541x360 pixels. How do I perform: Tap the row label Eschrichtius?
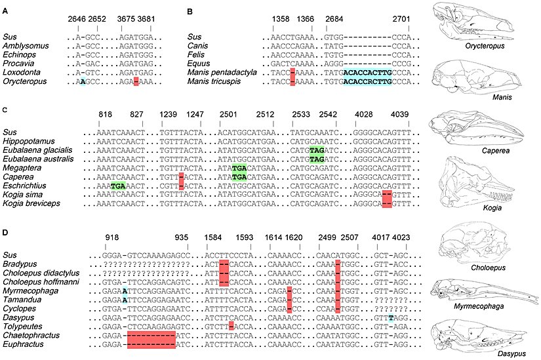point(24,186)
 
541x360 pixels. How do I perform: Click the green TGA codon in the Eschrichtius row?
point(118,186)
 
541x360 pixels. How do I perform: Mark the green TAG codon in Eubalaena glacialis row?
point(317,150)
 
